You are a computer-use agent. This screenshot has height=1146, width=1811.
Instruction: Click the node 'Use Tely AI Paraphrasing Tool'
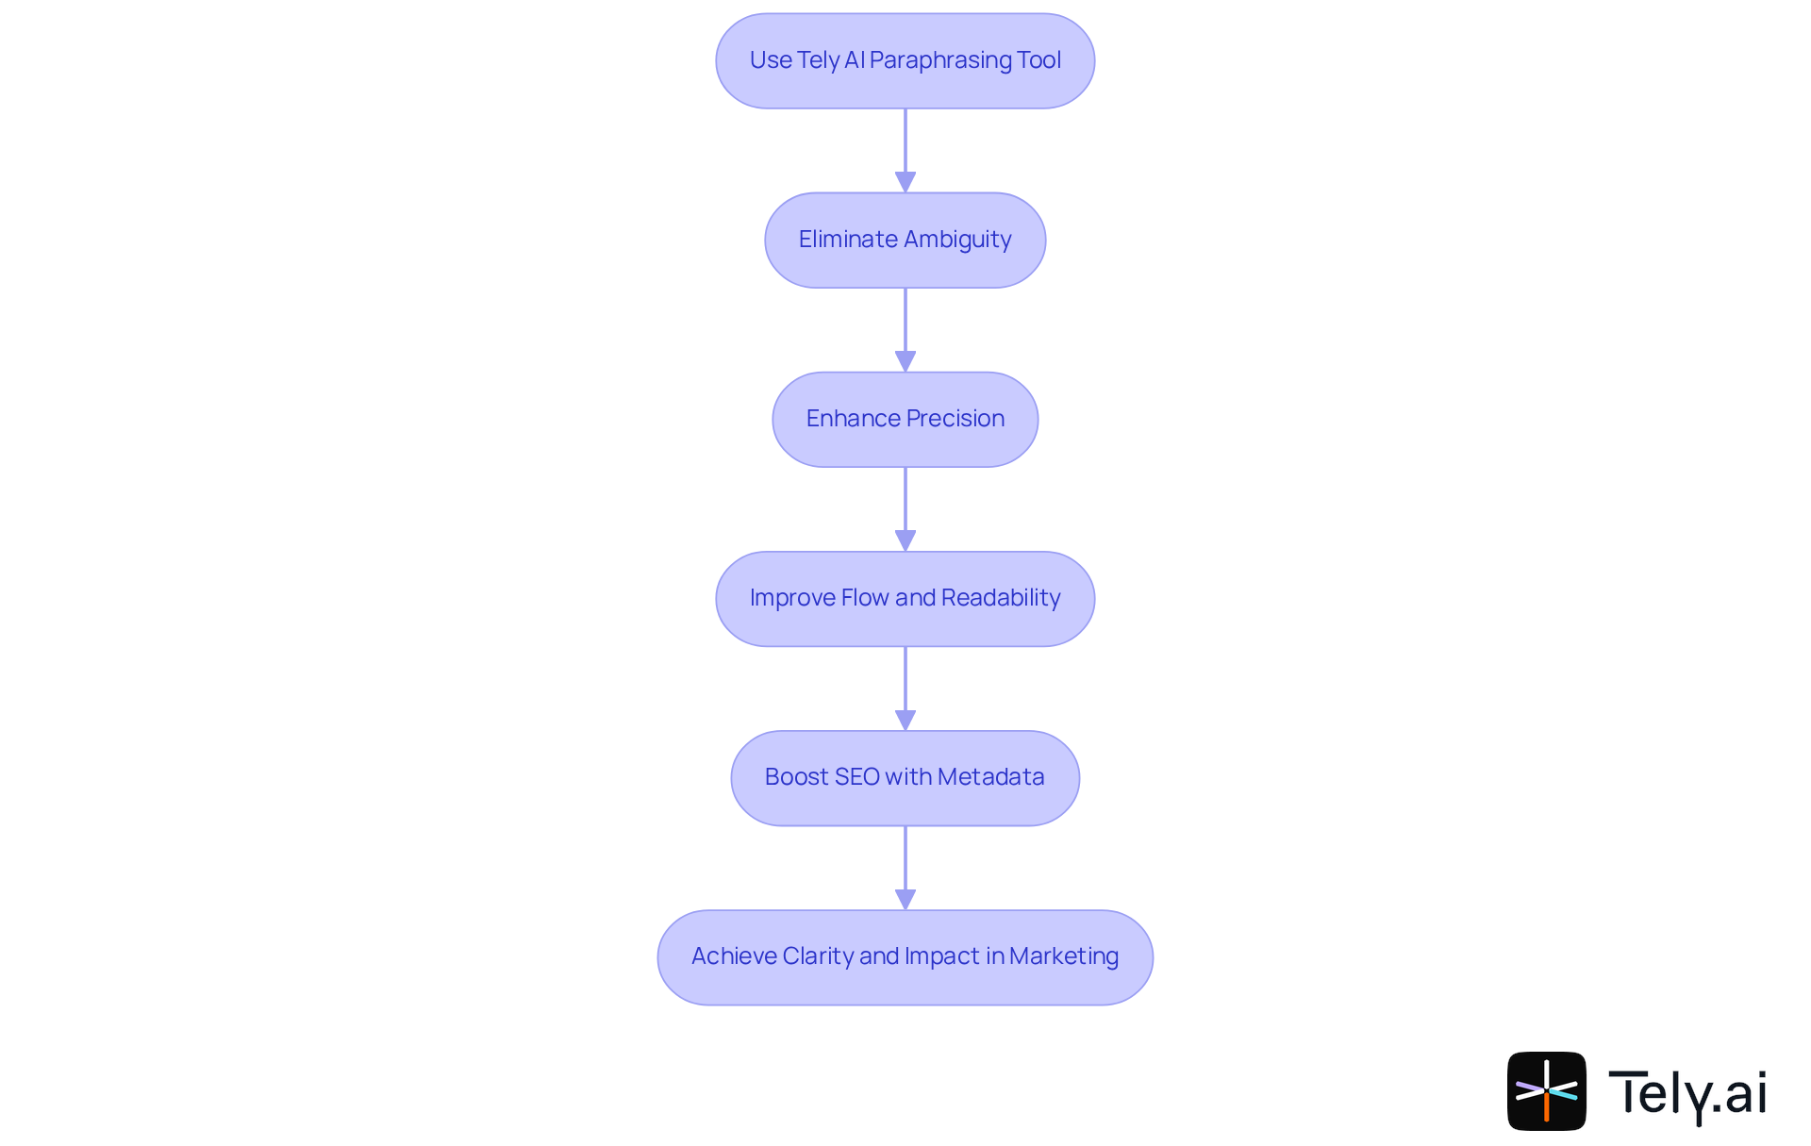pyautogui.click(x=905, y=60)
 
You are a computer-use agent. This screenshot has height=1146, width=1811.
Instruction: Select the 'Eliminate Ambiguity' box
pyautogui.click(x=905, y=240)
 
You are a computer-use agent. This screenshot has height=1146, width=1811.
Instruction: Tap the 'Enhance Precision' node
pyautogui.click(x=905, y=419)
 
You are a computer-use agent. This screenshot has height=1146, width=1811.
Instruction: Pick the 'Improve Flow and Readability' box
pyautogui.click(x=905, y=598)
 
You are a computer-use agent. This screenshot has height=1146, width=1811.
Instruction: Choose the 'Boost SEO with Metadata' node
pyautogui.click(x=905, y=777)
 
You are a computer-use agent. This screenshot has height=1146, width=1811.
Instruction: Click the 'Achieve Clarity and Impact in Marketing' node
pyautogui.click(x=905, y=956)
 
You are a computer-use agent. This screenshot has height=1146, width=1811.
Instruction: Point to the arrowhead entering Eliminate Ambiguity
pyautogui.click(x=905, y=182)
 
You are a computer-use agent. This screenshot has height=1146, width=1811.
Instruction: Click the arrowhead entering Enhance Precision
pyautogui.click(x=905, y=361)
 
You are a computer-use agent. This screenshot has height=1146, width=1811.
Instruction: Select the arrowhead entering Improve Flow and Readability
pyautogui.click(x=905, y=540)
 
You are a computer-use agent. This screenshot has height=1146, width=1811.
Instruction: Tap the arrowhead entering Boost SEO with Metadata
pyautogui.click(x=905, y=720)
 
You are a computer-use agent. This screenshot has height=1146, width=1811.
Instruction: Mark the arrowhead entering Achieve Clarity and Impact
pyautogui.click(x=905, y=899)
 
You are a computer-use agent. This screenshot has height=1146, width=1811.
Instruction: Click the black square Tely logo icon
pyautogui.click(x=1546, y=1090)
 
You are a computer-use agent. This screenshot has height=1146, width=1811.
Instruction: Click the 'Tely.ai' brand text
pyautogui.click(x=1687, y=1093)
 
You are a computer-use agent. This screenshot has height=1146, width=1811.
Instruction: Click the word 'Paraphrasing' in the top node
pyautogui.click(x=940, y=60)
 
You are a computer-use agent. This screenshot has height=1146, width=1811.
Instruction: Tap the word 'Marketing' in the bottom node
pyautogui.click(x=1063, y=956)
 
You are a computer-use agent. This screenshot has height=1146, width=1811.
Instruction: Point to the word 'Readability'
pyautogui.click(x=1001, y=598)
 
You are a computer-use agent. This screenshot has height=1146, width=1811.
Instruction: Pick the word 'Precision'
pyautogui.click(x=955, y=419)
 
